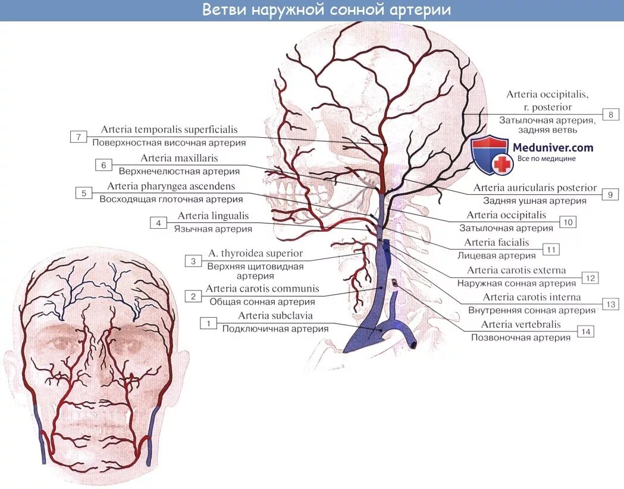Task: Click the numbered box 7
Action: [79, 137]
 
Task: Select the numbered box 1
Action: [208, 323]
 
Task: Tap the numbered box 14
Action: [586, 332]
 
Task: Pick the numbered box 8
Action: [610, 115]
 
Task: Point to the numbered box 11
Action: [551, 249]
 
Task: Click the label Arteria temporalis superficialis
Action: [169, 130]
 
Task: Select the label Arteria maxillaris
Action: [179, 159]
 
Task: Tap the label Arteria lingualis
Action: [213, 216]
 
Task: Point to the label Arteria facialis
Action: [496, 242]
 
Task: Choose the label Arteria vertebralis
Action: [520, 324]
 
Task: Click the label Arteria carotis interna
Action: [531, 297]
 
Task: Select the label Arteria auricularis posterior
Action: [535, 188]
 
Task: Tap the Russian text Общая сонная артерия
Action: [262, 301]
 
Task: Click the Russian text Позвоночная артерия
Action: [520, 337]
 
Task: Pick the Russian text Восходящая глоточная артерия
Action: [171, 200]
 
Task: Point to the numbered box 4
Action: [158, 223]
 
